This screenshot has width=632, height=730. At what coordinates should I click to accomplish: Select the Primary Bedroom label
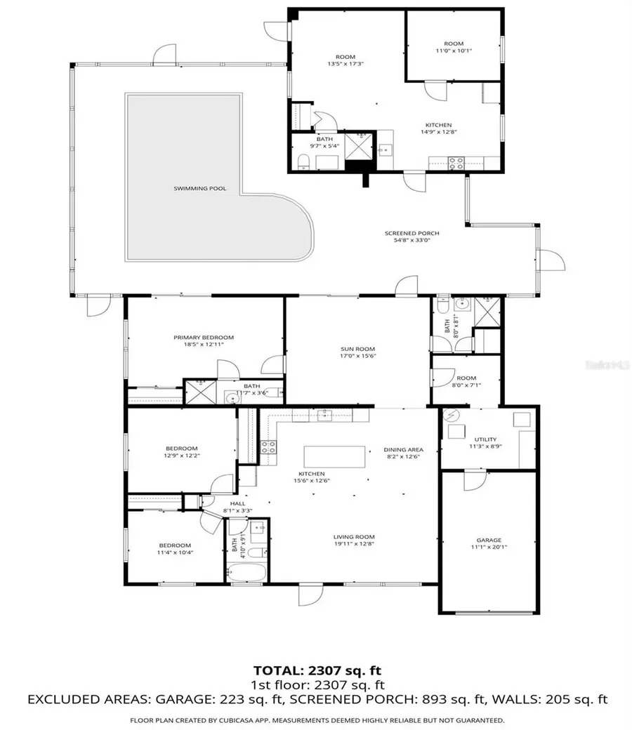204,338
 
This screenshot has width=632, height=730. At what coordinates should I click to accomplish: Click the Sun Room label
358,349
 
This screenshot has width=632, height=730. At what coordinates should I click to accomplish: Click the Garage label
489,540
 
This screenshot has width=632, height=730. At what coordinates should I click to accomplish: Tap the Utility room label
486,439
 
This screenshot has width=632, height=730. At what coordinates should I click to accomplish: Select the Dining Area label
403,450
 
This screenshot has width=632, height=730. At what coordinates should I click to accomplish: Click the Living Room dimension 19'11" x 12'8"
353,545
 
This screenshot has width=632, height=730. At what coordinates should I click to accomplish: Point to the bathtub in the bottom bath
247,573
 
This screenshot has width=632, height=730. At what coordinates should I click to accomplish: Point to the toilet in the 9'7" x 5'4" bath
303,163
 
